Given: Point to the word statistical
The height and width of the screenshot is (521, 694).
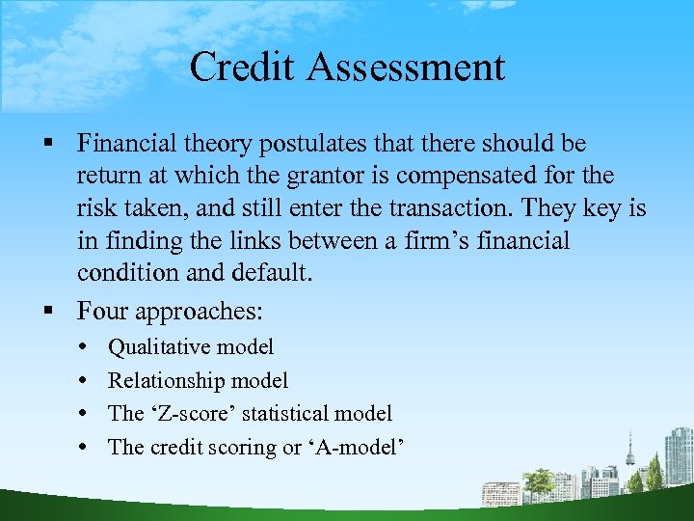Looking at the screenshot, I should pos(283,414).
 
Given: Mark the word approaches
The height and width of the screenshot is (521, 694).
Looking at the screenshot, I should pos(202,311).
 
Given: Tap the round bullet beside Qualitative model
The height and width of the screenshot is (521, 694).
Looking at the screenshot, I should pos(88,347).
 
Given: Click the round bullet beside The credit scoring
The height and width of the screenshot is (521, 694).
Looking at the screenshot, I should pos(88,448).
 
